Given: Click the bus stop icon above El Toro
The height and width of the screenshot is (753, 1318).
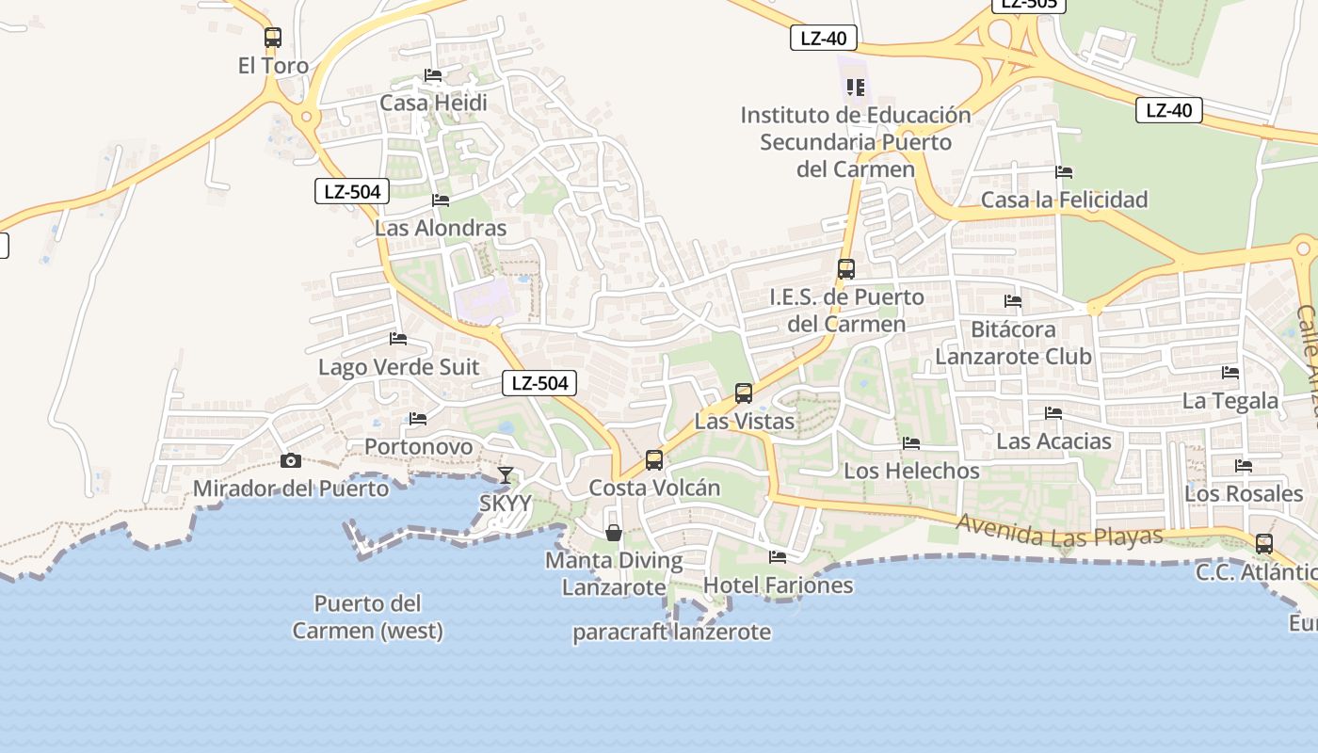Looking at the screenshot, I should tap(273, 38).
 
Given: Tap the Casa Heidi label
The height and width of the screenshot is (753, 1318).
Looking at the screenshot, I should tap(433, 102).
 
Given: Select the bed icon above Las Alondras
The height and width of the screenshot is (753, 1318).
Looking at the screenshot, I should tap(440, 200).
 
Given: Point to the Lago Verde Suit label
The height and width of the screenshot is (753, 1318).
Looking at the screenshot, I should tap(398, 367).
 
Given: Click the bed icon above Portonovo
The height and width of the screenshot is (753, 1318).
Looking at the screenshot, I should tap(418, 419).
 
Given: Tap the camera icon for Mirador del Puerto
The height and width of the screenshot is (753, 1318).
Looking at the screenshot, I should tap(291, 460).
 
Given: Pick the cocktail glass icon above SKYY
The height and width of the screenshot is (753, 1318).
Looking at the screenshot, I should tap(506, 474).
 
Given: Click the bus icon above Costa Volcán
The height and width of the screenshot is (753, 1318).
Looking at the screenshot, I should tap(654, 460).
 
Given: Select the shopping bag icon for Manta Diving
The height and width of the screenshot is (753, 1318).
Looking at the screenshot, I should tap(614, 533).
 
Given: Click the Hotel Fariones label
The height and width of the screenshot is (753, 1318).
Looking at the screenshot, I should tap(778, 585).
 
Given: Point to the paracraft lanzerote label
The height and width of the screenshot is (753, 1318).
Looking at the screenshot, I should tap(672, 632).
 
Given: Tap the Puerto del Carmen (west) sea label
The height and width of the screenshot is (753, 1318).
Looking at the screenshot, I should tap(367, 617).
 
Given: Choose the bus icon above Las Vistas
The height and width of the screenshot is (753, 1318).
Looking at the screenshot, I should tap(744, 393).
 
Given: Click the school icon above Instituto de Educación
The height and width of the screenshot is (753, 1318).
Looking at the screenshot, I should tap(855, 88).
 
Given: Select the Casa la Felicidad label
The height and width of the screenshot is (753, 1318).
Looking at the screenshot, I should tap(1064, 200).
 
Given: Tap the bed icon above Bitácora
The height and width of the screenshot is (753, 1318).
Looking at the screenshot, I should tap(1013, 301).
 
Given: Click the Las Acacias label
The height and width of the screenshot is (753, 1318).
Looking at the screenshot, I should tap(1053, 441).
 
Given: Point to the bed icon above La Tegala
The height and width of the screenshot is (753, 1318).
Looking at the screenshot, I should tap(1230, 373).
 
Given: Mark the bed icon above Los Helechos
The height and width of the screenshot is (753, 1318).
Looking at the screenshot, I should tap(910, 443).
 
